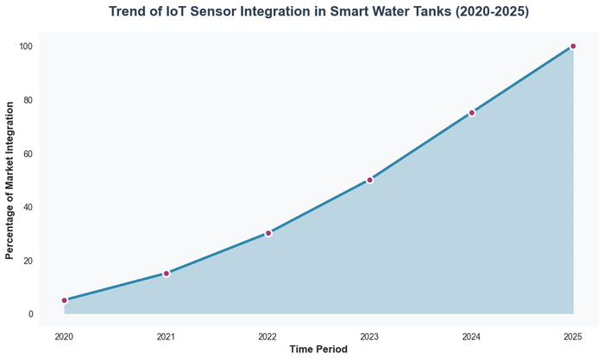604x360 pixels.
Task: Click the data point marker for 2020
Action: click(x=65, y=300)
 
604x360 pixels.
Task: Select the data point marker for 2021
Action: click(x=167, y=274)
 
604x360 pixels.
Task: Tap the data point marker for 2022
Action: click(x=268, y=233)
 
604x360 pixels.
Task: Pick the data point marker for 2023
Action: click(x=369, y=180)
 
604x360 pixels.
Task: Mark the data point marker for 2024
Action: click(x=471, y=112)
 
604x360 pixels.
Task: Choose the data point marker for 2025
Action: click(x=573, y=46)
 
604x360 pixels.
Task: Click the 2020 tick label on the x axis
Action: click(x=65, y=336)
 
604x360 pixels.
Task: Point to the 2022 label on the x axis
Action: click(x=268, y=336)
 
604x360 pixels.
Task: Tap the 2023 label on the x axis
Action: click(x=369, y=336)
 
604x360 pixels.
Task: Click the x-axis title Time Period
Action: click(x=318, y=350)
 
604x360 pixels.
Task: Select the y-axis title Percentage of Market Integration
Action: click(x=10, y=180)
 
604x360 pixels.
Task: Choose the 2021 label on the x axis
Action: click(x=167, y=336)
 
